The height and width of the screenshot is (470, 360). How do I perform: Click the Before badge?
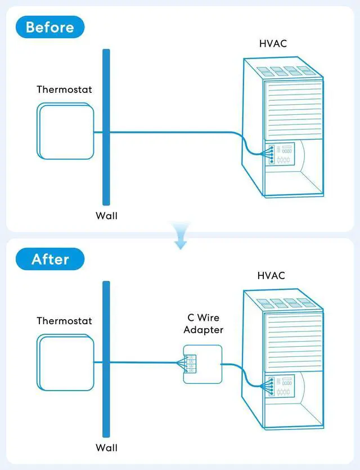pyautogui.click(x=50, y=27)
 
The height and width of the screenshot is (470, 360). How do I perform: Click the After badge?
pyautogui.click(x=50, y=259)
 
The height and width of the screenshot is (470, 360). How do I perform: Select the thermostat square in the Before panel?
pyautogui.click(x=65, y=131)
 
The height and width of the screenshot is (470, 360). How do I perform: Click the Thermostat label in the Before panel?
pyautogui.click(x=64, y=89)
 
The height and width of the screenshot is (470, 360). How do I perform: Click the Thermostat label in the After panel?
pyautogui.click(x=64, y=321)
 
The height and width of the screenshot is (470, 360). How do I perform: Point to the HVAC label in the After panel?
pyautogui.click(x=271, y=276)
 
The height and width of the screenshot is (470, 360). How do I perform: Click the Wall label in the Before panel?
pyautogui.click(x=106, y=216)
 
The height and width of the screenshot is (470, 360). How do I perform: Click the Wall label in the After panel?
pyautogui.click(x=106, y=448)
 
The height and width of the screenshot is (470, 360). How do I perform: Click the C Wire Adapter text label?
pyautogui.click(x=203, y=324)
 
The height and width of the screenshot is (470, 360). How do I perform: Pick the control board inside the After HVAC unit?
pyautogui.click(x=281, y=386)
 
